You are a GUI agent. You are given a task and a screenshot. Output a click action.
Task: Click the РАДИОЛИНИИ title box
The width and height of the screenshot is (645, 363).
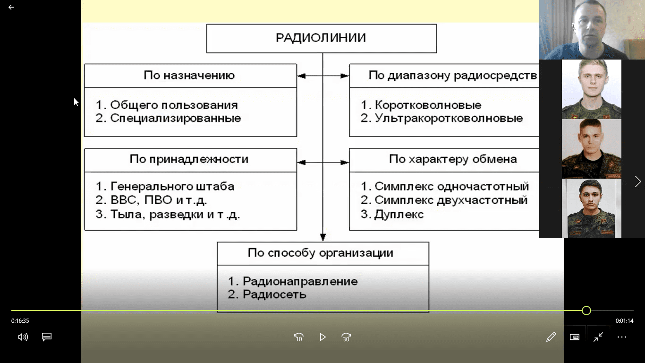click(322, 38)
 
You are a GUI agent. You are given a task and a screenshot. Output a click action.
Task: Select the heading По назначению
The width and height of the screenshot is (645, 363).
click(189, 75)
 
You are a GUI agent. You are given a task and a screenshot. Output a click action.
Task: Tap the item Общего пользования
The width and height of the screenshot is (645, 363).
click(174, 105)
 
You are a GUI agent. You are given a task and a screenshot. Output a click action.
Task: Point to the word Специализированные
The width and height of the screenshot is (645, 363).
click(176, 118)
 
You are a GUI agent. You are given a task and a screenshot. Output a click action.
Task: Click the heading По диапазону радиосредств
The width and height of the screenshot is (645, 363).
click(453, 75)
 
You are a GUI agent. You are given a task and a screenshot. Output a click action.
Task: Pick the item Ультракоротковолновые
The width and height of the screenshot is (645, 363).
click(449, 118)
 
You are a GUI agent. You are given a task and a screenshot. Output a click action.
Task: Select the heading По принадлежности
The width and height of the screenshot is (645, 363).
click(189, 159)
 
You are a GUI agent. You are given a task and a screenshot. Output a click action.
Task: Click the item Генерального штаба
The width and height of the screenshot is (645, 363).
click(172, 187)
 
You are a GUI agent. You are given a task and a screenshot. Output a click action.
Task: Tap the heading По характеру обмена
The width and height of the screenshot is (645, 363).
click(453, 159)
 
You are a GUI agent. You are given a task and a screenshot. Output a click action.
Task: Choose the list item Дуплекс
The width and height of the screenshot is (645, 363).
click(399, 215)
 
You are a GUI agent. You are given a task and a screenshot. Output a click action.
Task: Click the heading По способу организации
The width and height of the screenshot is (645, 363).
click(321, 253)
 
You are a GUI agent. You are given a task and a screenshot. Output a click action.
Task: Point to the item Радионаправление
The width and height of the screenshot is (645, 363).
click(300, 281)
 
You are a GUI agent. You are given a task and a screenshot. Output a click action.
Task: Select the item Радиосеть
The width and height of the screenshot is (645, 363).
click(274, 294)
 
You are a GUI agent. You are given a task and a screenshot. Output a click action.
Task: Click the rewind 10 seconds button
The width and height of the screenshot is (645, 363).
click(298, 337)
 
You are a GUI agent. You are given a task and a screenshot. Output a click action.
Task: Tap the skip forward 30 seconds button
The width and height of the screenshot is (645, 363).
click(346, 337)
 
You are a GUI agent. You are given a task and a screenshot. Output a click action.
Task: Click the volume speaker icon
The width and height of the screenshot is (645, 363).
click(23, 337)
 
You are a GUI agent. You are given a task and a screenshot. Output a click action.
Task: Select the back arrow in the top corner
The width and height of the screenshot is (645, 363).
click(11, 7)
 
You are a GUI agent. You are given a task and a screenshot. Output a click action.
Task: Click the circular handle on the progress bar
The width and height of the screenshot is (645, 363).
click(586, 311)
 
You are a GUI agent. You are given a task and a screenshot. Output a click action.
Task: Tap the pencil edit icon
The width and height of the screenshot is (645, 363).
click(551, 337)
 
